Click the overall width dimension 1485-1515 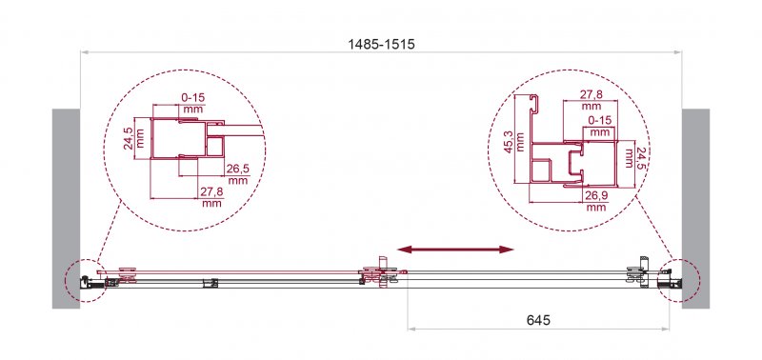click(382, 44)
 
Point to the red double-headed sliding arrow click(455, 250)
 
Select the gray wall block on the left click(65, 207)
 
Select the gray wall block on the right click(695, 207)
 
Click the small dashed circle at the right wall click(677, 278)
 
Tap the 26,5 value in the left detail click(237, 174)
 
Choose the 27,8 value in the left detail click(211, 197)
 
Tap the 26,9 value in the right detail click(595, 199)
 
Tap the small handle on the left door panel click(211, 282)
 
